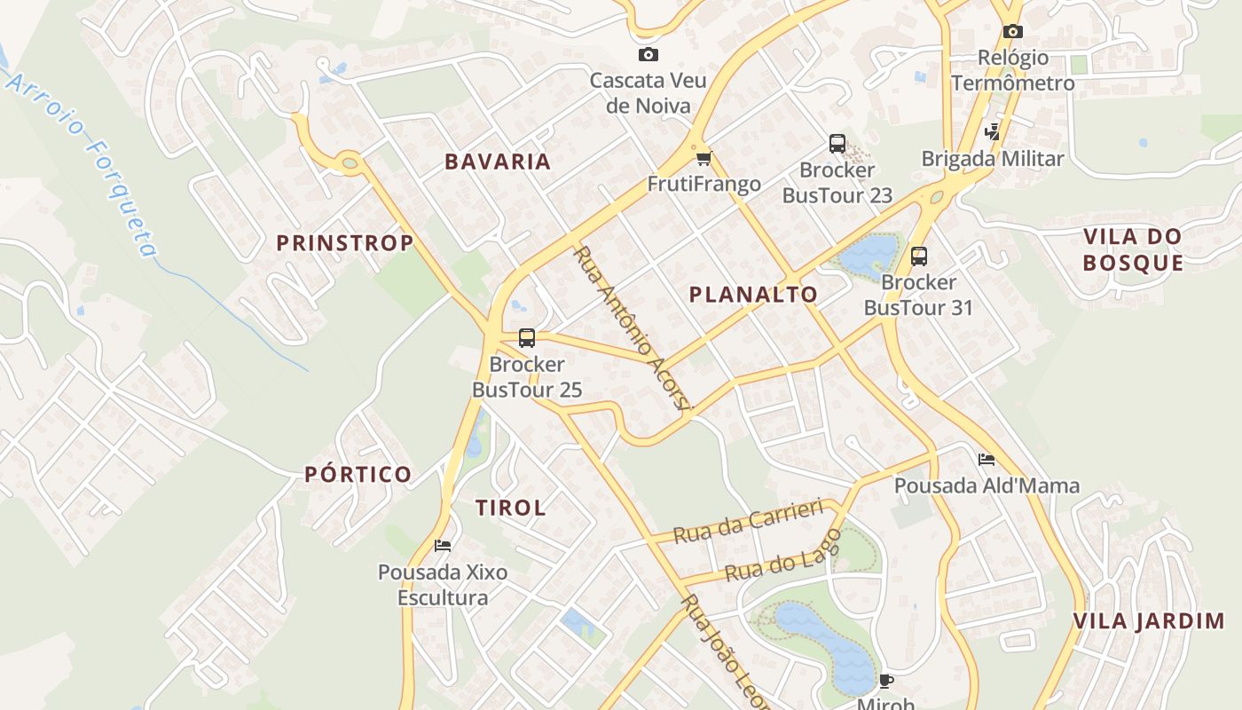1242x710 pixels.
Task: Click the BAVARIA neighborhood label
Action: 498,162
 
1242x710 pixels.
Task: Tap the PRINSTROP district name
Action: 344,243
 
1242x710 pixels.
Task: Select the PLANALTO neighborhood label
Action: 753,295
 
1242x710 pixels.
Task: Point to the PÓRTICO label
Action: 358,474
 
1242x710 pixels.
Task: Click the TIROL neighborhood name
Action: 510,508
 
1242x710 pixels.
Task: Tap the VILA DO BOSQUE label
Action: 1133,249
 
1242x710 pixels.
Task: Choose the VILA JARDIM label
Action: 1149,621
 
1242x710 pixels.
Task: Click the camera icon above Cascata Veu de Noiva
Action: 649,55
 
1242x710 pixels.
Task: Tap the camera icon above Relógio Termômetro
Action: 1012,32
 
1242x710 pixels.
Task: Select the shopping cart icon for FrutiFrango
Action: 704,159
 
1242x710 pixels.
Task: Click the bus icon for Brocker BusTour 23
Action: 837,144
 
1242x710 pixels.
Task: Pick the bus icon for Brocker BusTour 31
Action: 918,256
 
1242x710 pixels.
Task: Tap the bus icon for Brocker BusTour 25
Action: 526,338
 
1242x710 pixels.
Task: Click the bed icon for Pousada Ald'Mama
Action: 986,460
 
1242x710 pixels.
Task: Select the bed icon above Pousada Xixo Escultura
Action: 443,546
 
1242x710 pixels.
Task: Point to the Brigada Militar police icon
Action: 992,132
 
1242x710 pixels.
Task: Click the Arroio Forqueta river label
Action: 84,164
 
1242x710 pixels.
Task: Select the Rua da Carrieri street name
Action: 749,524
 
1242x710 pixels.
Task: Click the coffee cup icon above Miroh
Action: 884,681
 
